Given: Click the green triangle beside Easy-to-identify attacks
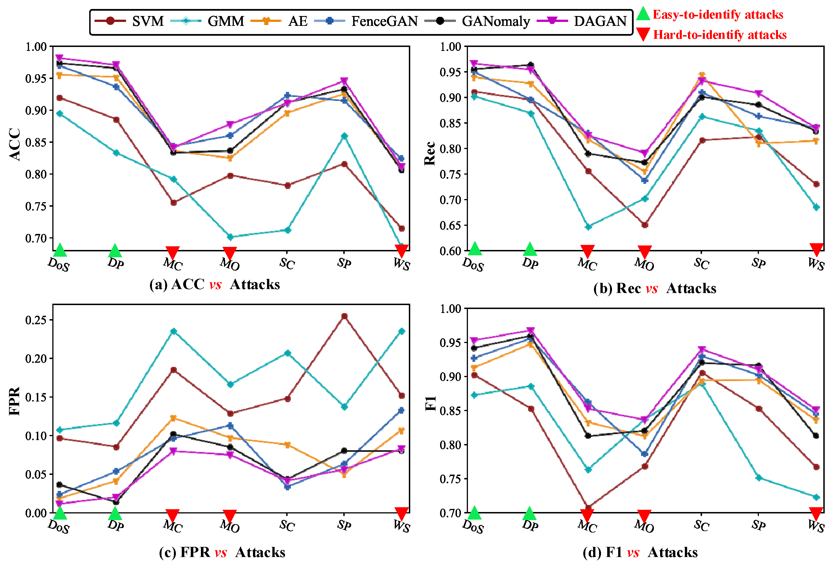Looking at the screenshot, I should pyautogui.click(x=643, y=14).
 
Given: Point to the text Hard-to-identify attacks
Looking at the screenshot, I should pyautogui.click(x=719, y=35).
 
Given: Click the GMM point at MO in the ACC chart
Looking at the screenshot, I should pyautogui.click(x=230, y=237).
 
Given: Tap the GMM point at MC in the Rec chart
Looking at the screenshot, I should pyautogui.click(x=588, y=227).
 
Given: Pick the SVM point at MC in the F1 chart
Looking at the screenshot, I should pyautogui.click(x=588, y=508).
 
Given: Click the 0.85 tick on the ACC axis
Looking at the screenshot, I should pyautogui.click(x=36, y=142).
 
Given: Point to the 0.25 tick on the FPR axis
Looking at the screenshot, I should pyautogui.click(x=36, y=320).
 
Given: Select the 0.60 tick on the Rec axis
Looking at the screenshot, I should pyautogui.click(x=450, y=251).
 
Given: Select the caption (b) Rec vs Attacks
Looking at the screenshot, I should pyautogui.click(x=654, y=288).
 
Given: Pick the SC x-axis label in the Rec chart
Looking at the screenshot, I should pyautogui.click(x=701, y=264).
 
